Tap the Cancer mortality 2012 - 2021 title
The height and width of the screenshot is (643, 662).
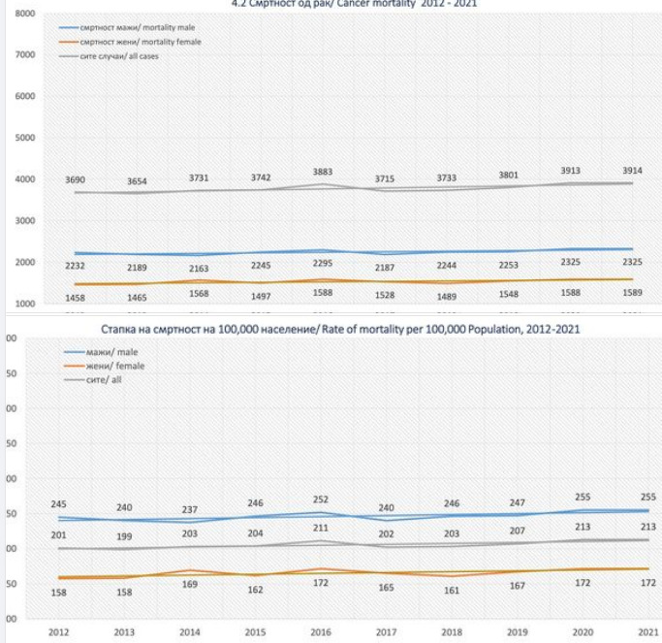pyautogui.click(x=330, y=4)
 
